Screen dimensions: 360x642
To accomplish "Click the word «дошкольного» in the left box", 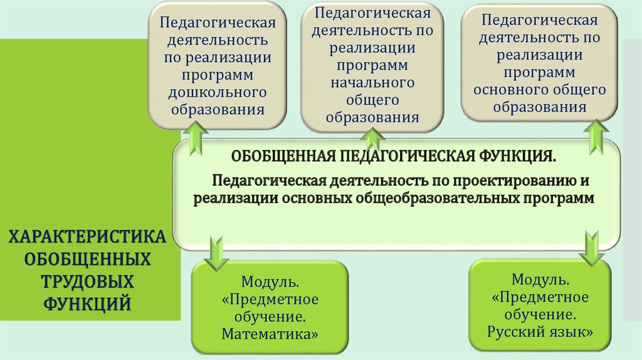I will (x=217, y=93).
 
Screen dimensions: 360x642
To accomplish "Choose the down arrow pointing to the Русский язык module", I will (x=591, y=248).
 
